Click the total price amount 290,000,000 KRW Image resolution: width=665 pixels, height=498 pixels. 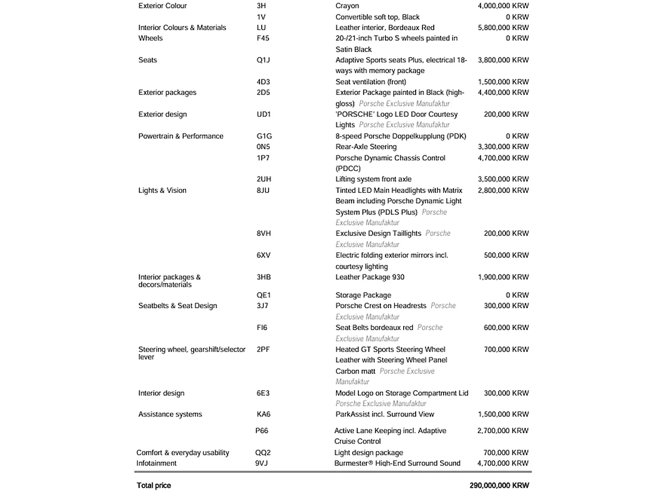click(x=499, y=486)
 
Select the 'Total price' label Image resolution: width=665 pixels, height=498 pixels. click(x=154, y=486)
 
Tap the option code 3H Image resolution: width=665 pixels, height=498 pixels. click(x=261, y=6)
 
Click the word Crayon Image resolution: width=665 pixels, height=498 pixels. click(x=347, y=6)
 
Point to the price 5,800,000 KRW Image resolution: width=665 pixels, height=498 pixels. click(x=503, y=27)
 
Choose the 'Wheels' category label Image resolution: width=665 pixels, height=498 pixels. click(x=150, y=38)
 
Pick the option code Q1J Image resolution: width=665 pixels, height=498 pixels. click(x=263, y=60)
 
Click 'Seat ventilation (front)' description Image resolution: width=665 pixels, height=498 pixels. click(x=370, y=81)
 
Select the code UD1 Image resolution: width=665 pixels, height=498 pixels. click(x=263, y=114)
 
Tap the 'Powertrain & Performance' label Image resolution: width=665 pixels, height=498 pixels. click(x=181, y=136)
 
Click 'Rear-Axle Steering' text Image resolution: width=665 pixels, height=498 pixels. click(x=366, y=147)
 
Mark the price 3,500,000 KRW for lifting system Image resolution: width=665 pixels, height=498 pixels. click(x=503, y=179)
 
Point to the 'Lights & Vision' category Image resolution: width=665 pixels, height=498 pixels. click(x=162, y=190)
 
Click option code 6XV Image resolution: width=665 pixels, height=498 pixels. click(x=263, y=255)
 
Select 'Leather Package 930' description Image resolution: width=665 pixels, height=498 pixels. click(x=370, y=277)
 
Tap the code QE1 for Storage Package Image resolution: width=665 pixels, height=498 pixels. click(x=263, y=295)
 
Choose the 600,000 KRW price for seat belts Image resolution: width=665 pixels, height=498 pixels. click(x=506, y=327)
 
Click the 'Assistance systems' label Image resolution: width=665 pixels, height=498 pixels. click(x=170, y=414)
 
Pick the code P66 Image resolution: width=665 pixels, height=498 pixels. click(x=262, y=431)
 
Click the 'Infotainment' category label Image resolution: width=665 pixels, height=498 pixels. click(x=156, y=463)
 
